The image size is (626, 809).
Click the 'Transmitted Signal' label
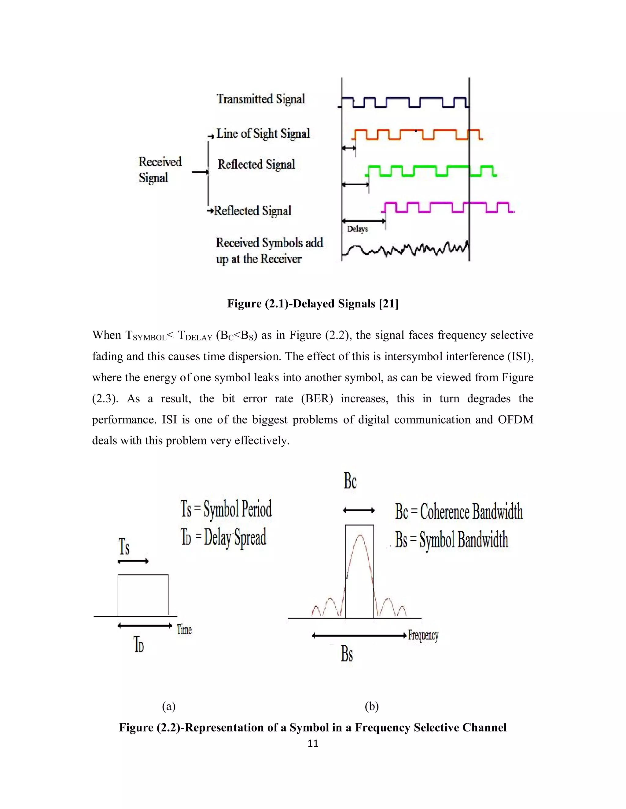[261, 99]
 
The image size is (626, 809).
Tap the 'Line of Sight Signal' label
[263, 133]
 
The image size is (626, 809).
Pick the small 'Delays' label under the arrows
[357, 229]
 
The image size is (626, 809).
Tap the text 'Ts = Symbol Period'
[226, 509]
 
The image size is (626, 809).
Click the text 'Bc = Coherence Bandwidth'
[459, 512]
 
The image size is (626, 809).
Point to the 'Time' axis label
[184, 629]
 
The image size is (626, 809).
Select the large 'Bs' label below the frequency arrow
[347, 654]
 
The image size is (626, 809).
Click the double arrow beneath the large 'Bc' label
[359, 510]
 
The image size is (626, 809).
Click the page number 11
[313, 743]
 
